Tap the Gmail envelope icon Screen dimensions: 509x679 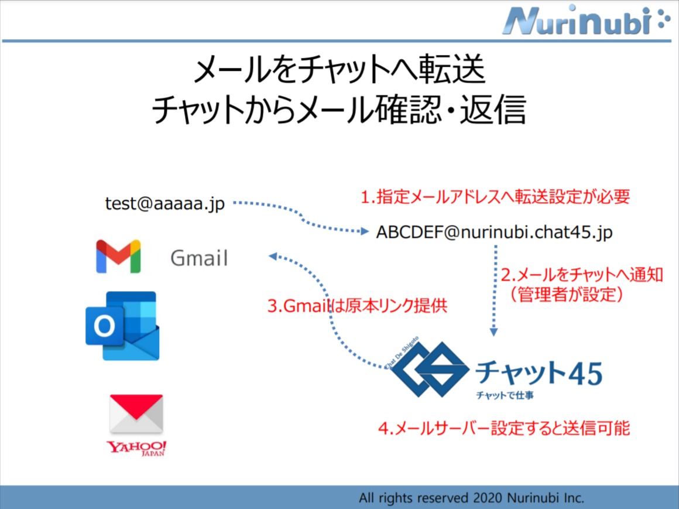[x=118, y=257]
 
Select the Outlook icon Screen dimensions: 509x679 [x=122, y=326]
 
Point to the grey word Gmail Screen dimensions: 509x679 [x=199, y=258]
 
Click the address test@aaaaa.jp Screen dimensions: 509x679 [x=164, y=204]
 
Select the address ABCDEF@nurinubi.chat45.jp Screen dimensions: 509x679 [x=494, y=233]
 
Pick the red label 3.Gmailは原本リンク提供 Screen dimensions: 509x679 [x=357, y=306]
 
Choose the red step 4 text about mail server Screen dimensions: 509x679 [x=503, y=429]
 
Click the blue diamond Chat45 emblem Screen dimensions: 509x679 [x=429, y=370]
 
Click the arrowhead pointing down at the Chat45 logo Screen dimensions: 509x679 [x=494, y=332]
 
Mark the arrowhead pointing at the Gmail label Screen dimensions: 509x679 [x=273, y=257]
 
